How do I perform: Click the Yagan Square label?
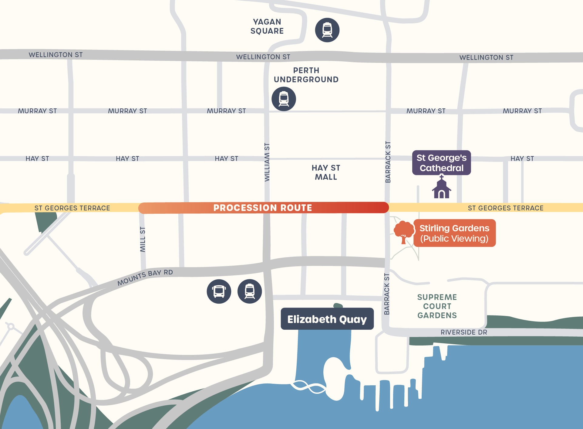[267, 26]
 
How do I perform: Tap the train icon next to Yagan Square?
[327, 30]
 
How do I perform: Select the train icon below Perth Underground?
[284, 99]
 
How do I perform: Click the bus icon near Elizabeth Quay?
[219, 291]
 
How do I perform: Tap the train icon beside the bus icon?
[250, 291]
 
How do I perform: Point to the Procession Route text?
[263, 208]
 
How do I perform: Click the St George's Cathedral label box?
[441, 163]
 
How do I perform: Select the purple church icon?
[442, 188]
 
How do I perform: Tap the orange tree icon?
[404, 232]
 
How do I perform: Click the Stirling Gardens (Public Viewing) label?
[454, 233]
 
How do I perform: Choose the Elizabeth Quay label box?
[327, 319]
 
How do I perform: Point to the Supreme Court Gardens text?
[437, 306]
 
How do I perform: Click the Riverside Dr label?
[464, 332]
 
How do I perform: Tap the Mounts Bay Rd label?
[145, 277]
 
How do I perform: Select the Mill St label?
[143, 239]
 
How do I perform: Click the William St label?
[267, 162]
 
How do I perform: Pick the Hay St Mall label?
[326, 172]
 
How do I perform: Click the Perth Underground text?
[306, 75]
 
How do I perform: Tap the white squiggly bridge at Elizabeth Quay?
[308, 387]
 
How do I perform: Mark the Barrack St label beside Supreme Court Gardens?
[387, 294]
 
